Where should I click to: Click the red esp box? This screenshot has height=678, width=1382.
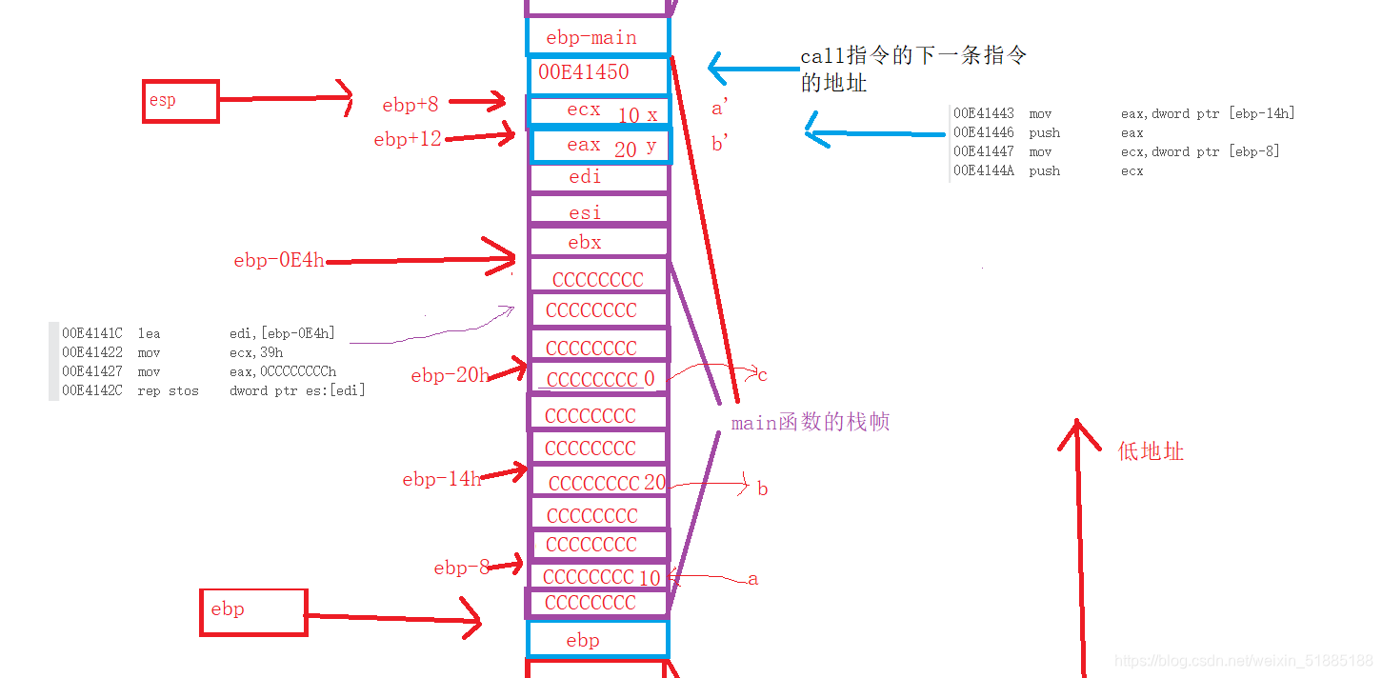[x=180, y=101]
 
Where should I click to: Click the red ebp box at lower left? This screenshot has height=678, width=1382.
[x=252, y=611]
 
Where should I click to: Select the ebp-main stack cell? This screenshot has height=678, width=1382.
[x=597, y=37]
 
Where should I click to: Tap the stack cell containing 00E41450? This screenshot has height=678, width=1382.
[x=597, y=72]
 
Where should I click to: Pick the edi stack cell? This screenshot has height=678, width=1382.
[x=597, y=177]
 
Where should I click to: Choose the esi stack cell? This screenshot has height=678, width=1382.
[x=597, y=211]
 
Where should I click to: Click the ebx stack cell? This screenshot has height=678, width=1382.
[x=597, y=242]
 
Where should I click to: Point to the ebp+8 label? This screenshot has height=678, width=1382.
[x=410, y=105]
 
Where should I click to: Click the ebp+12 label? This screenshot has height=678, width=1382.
[x=407, y=140]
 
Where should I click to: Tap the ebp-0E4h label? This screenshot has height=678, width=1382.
[x=278, y=260]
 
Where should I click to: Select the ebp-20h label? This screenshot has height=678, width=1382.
[x=450, y=375]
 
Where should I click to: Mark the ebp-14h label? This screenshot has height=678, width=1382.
[x=441, y=479]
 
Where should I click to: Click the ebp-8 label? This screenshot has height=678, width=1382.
[x=461, y=568]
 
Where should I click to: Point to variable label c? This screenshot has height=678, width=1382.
[x=762, y=375]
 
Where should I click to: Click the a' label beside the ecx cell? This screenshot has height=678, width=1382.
[x=720, y=110]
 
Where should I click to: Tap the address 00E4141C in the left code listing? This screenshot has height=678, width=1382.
[x=92, y=333]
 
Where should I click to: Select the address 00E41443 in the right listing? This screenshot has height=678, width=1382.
[x=984, y=113]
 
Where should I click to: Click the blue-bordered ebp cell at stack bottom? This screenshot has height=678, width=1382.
[x=597, y=640]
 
